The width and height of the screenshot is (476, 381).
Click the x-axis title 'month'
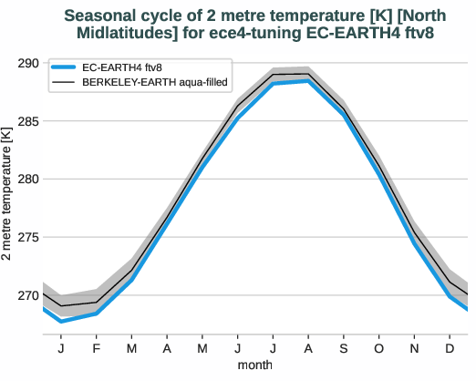click(x=255, y=365)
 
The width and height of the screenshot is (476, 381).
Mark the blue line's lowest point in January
click(x=61, y=321)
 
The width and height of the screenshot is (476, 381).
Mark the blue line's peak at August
click(x=308, y=81)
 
